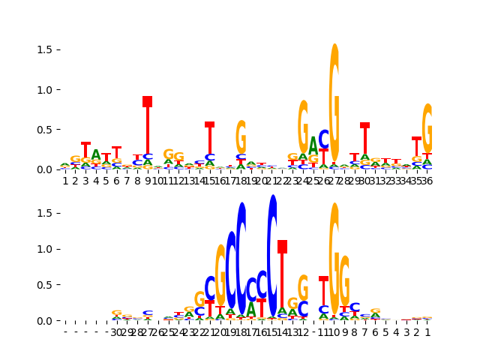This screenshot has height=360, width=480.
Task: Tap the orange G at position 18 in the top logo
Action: point(241,136)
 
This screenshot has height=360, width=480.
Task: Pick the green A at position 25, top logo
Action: point(313,145)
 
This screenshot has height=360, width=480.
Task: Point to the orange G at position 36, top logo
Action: point(427,128)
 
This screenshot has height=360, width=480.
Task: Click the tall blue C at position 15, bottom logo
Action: point(272,255)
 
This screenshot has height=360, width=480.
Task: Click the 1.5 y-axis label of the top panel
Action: point(43,49)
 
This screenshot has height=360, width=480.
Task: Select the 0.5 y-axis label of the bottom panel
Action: point(43,285)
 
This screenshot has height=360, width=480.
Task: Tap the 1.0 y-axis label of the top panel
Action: point(43,89)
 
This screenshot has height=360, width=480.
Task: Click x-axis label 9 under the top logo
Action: point(148,181)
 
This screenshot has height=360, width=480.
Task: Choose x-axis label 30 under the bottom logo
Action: point(116,332)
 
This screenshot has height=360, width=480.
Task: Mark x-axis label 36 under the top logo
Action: point(427,181)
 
